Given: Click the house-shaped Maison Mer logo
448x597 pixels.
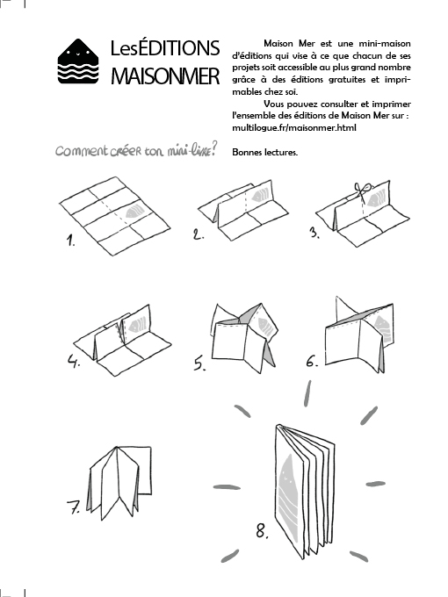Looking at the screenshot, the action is [x=78, y=61].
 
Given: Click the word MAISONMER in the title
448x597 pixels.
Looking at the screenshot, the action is [x=165, y=76].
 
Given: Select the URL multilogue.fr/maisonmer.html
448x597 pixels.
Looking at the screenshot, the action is [x=294, y=127].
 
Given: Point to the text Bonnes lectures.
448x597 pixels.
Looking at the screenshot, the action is [x=264, y=152].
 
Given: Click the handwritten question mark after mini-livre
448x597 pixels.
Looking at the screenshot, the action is [x=214, y=148].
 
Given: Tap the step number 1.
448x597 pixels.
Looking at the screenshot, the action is [x=70, y=241].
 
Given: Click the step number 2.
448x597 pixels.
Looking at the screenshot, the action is [x=198, y=234].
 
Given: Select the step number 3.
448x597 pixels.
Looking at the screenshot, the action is [x=314, y=232].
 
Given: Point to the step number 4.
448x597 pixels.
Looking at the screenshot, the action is [x=74, y=361].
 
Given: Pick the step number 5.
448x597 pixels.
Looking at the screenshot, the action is [x=199, y=363].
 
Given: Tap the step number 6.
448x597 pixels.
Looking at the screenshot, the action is [x=312, y=361].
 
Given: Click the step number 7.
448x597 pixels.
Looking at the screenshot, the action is [x=74, y=507].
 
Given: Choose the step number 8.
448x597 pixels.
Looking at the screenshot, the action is [x=262, y=530].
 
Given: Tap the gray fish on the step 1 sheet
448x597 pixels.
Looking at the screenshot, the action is [x=134, y=212].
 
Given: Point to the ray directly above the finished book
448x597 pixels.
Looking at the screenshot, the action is [x=307, y=393].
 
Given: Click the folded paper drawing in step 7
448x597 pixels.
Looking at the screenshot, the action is [x=119, y=483].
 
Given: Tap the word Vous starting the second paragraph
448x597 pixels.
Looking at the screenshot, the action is [x=274, y=104].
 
